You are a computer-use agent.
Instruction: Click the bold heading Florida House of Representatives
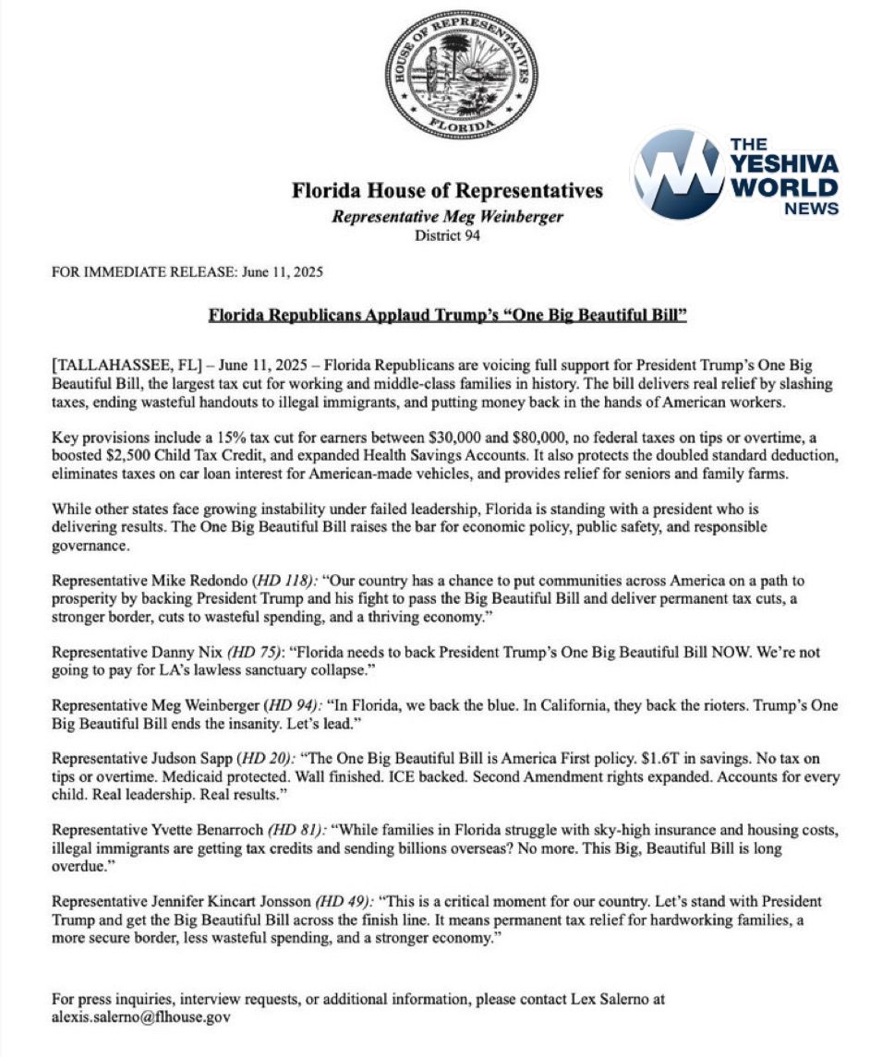pos(447,191)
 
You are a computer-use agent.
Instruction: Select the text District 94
pos(447,234)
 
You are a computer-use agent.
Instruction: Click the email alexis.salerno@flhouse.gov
pos(140,1017)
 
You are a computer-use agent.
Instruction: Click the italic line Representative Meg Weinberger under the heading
pos(447,217)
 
